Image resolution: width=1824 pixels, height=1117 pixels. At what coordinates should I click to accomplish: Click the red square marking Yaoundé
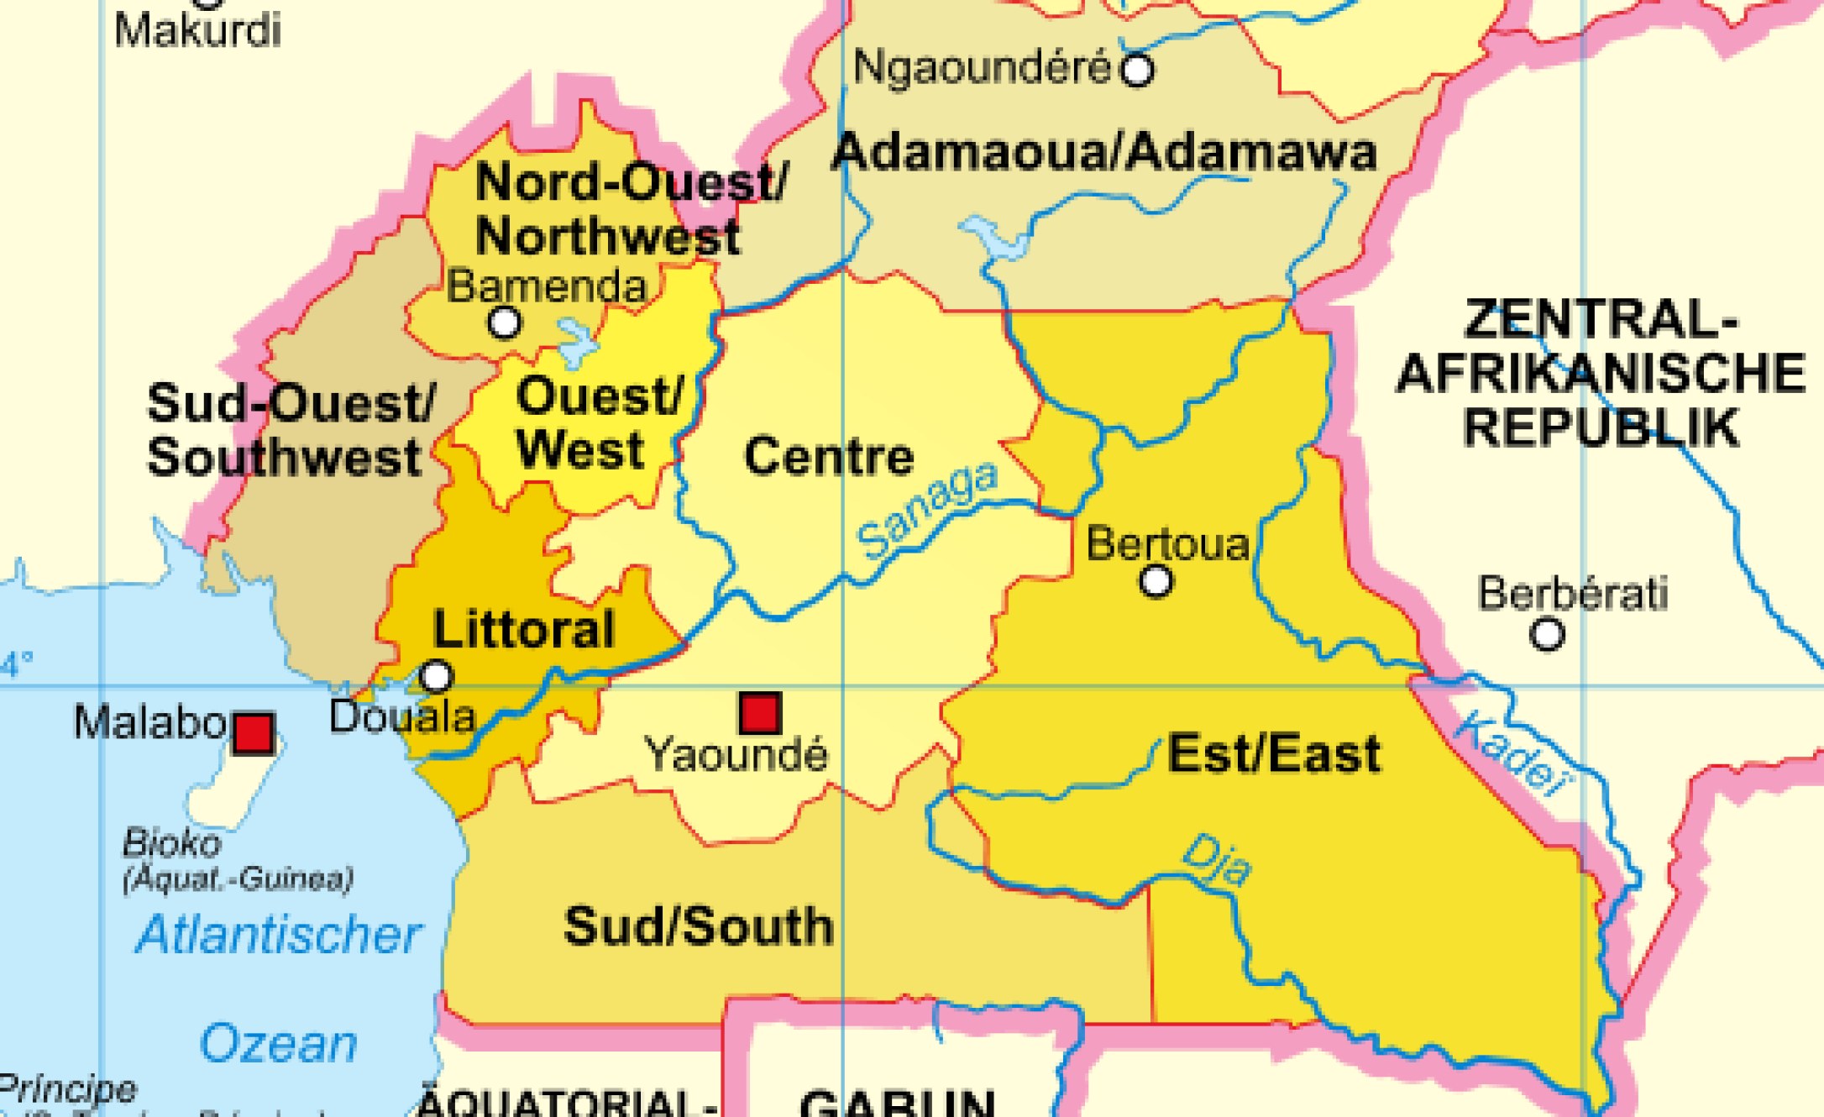point(760,713)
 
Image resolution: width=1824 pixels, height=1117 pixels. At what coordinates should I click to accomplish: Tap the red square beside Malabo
point(253,734)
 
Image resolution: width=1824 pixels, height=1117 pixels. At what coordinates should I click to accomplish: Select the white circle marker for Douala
point(436,675)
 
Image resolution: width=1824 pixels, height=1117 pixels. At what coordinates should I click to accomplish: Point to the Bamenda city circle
point(504,322)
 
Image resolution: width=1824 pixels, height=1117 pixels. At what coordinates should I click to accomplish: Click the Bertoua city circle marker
point(1156,580)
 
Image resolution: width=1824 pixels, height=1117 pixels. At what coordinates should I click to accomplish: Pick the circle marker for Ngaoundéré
point(1137,70)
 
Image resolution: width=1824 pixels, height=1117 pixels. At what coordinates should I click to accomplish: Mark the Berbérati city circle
point(1547,634)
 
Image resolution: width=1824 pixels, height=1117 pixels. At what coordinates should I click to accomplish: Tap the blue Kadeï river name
point(1512,753)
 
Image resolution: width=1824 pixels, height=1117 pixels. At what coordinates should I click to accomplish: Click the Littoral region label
point(524,629)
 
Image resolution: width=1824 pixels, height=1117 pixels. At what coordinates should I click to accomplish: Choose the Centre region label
point(829,456)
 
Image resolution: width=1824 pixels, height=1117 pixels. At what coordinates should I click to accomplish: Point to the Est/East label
point(1274,753)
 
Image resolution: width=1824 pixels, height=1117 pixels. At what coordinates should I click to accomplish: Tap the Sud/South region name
point(699,926)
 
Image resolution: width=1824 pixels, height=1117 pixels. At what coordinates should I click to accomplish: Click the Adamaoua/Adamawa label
point(1103,152)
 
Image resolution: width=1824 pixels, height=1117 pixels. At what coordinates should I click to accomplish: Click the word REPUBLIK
point(1601,427)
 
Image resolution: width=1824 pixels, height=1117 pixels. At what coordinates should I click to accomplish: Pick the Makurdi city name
point(197,31)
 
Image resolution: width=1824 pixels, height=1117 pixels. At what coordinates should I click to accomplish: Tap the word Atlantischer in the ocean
point(278,935)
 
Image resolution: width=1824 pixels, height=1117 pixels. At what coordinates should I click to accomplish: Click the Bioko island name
point(171,842)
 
